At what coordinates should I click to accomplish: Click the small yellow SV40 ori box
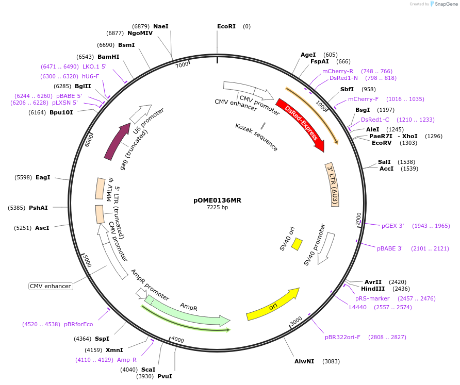point(297,244)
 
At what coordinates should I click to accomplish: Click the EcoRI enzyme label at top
point(226,26)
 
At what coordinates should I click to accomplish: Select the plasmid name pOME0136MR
point(217,200)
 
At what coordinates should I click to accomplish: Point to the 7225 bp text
point(217,208)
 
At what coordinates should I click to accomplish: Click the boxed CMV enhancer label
point(50,286)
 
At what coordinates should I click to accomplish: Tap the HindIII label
point(372,289)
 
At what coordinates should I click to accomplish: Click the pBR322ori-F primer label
point(342,337)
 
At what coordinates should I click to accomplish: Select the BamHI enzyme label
point(108,57)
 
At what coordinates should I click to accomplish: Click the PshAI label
point(38,208)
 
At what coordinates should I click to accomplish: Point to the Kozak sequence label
point(256,137)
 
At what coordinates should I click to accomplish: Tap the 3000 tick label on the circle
point(296,321)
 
